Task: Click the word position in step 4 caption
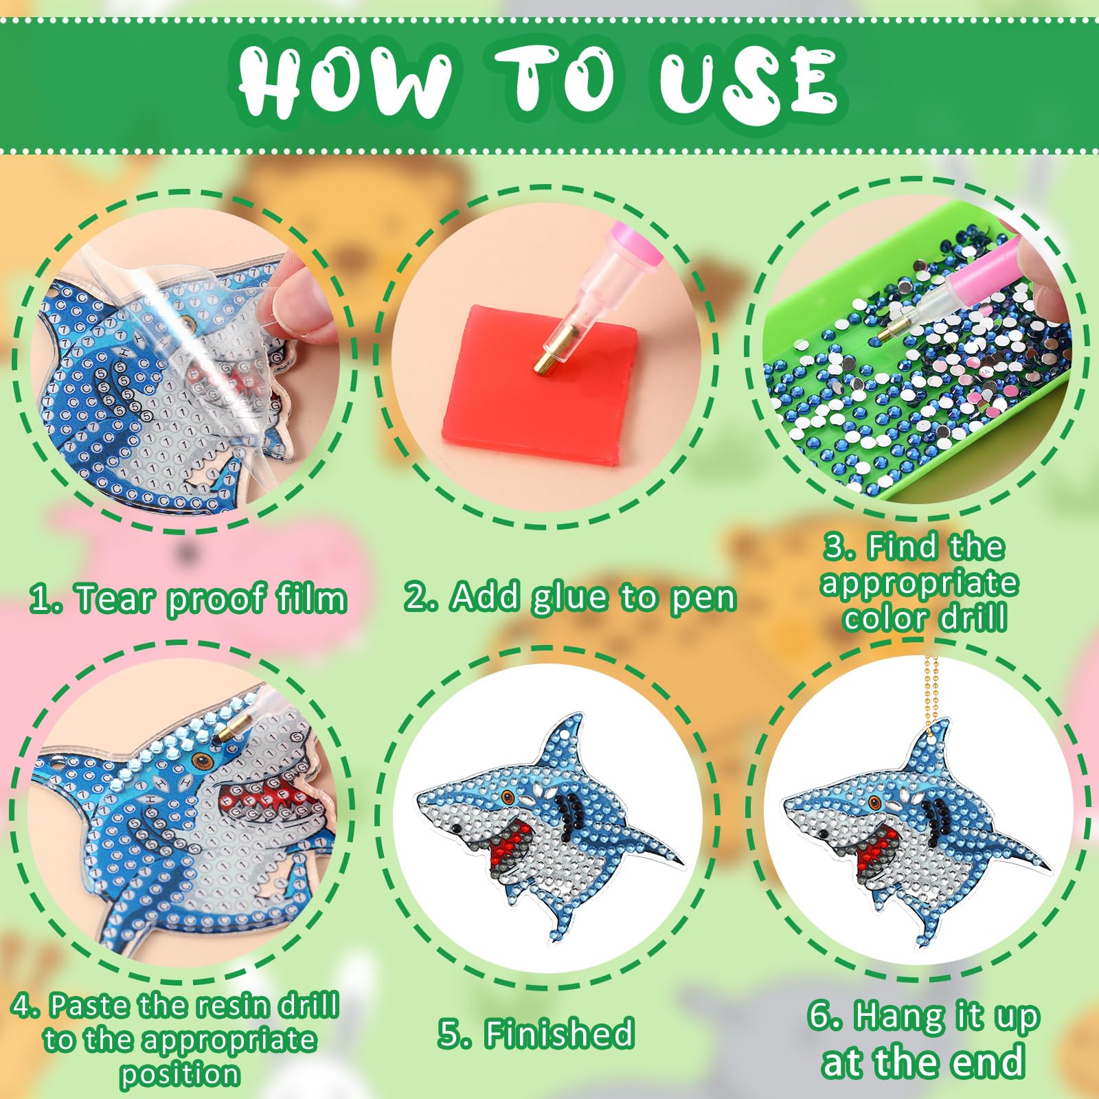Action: pyautogui.click(x=179, y=1074)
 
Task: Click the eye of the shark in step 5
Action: pyautogui.click(x=509, y=797)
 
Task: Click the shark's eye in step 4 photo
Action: pyautogui.click(x=201, y=760)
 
